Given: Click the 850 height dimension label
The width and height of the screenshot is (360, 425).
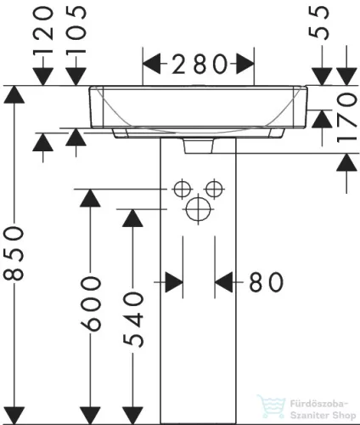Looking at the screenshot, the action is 14,253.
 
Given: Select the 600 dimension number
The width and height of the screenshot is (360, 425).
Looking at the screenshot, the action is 91,304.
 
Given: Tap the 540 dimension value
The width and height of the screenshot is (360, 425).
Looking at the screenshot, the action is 133,320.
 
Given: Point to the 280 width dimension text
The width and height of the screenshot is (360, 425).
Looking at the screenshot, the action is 200,65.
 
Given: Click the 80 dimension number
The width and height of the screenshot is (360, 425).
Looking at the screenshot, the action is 266,282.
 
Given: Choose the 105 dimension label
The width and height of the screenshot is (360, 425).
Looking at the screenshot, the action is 76,30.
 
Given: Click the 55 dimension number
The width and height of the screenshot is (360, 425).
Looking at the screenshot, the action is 318,23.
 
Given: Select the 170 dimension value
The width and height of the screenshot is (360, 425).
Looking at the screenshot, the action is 347,118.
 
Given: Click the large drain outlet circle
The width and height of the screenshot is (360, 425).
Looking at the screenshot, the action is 199,209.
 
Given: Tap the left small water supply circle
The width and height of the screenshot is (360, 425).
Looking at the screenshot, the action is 182,189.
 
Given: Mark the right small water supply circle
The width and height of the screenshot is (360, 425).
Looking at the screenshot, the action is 215,189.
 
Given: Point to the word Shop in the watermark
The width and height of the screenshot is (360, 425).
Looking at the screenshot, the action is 344,416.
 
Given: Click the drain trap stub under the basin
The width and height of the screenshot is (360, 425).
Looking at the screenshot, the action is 199,145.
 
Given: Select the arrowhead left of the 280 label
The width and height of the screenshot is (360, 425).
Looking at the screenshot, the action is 151,64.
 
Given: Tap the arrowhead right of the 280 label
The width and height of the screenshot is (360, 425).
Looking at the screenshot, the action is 245,64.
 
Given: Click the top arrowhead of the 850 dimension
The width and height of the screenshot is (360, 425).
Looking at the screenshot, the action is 14,94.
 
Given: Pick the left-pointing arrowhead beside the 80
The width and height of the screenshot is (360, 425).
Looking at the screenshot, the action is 223,282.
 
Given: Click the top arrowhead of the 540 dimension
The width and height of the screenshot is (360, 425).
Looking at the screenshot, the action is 132,218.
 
